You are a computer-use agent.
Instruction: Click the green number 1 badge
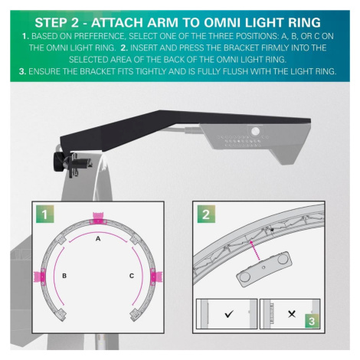[x=45, y=214]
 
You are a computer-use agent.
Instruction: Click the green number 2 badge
[x=206, y=214]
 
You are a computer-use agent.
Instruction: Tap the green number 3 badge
[x=312, y=321]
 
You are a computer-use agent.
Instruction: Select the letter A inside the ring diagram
[x=98, y=239]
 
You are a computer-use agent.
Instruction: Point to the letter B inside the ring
[x=64, y=276]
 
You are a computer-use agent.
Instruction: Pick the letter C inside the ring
[x=132, y=276]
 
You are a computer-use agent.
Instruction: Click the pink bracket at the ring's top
[x=98, y=218]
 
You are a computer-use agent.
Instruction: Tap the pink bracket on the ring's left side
[x=40, y=277]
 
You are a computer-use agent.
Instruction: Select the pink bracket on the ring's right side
[x=155, y=277]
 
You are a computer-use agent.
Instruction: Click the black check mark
[x=229, y=313]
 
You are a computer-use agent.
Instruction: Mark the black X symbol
[x=292, y=314]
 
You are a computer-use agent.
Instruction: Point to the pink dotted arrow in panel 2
[x=255, y=250]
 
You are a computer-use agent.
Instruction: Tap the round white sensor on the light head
[x=255, y=131]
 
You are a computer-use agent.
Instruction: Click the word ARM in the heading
[x=162, y=22]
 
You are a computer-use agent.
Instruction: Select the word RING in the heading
[x=304, y=22]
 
